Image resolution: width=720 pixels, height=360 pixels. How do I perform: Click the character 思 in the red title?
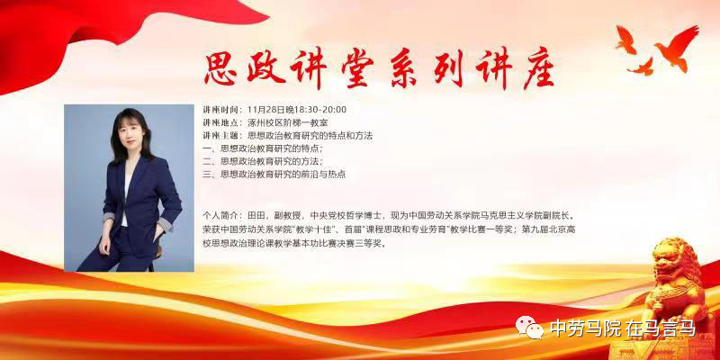pos(220,68)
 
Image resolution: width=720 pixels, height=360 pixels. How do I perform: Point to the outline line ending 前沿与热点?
pos(274,175)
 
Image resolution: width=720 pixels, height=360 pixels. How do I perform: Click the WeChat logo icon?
pos(529,327)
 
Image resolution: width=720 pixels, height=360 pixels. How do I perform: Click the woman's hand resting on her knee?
pos(104,244)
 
